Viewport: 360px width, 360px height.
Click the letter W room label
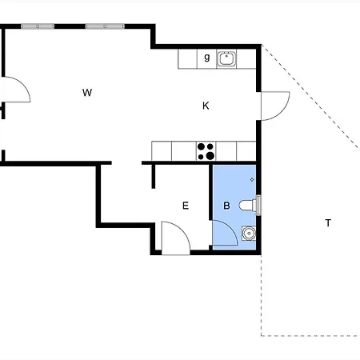87,93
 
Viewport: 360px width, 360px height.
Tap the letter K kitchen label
206,106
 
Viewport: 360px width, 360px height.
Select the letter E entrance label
186,206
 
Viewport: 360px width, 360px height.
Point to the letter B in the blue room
226,206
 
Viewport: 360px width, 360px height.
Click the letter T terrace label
328,222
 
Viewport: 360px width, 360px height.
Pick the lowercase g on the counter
207,58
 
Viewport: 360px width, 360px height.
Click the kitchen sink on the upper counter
226,58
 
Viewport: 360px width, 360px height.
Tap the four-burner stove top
206,151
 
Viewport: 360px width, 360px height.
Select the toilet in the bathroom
248,206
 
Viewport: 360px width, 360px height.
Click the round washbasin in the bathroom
249,234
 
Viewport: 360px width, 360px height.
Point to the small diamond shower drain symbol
252,180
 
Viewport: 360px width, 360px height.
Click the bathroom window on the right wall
258,205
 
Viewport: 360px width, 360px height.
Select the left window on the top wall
38,26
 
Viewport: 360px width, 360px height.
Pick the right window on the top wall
105,26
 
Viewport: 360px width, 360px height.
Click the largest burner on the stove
210,156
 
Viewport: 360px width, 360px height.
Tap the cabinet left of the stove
184,151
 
